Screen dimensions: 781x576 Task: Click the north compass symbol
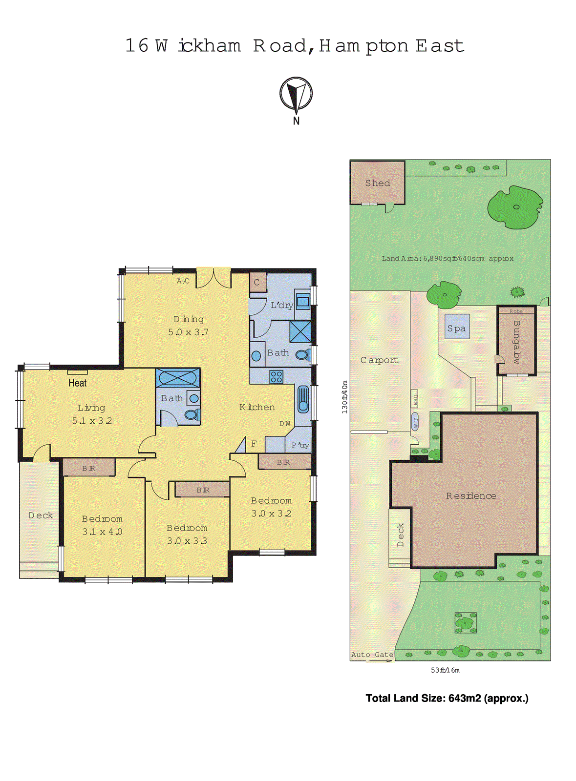pyautogui.click(x=296, y=94)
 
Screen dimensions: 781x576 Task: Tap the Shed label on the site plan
pyautogui.click(x=378, y=183)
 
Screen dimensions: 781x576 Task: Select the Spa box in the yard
pyautogui.click(x=457, y=329)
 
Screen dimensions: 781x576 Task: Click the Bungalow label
pyautogui.click(x=516, y=342)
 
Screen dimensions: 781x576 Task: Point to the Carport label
pyautogui.click(x=379, y=360)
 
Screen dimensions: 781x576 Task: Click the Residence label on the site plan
pyautogui.click(x=471, y=496)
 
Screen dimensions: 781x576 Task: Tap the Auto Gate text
pyautogui.click(x=372, y=655)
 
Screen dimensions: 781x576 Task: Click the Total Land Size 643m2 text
pyautogui.click(x=447, y=699)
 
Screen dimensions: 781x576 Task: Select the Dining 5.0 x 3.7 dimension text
pyautogui.click(x=188, y=332)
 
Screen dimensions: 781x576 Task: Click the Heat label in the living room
pyautogui.click(x=78, y=383)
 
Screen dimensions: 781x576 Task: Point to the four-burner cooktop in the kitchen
pyautogui.click(x=276, y=376)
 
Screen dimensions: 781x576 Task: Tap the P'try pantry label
pyautogui.click(x=300, y=445)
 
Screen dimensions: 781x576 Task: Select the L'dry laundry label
pyautogui.click(x=281, y=306)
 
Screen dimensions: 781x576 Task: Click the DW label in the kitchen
pyautogui.click(x=285, y=424)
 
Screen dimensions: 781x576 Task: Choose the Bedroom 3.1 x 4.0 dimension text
pyautogui.click(x=102, y=532)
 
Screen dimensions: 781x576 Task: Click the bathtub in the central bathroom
pyautogui.click(x=178, y=378)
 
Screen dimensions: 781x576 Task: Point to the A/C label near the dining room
pyautogui.click(x=183, y=281)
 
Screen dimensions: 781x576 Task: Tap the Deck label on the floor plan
pyautogui.click(x=41, y=515)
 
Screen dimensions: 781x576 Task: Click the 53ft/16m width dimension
pyautogui.click(x=445, y=670)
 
